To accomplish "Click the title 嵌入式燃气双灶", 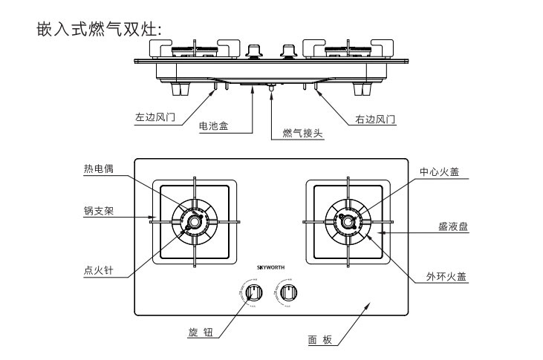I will (x=99, y=30).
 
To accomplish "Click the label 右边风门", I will (x=372, y=118).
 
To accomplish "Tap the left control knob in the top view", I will (x=254, y=292).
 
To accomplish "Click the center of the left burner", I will (x=195, y=220).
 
